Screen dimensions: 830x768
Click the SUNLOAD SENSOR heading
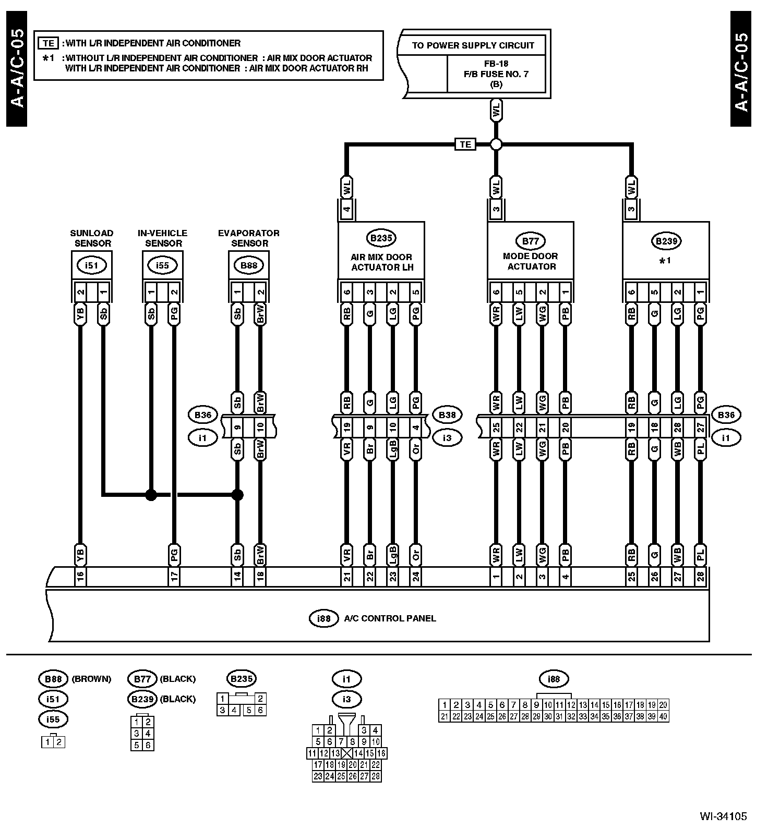coord(92,238)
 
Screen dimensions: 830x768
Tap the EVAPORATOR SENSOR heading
coord(248,238)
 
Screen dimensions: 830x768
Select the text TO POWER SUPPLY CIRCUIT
coord(473,45)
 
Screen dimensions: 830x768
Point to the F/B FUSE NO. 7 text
coord(496,74)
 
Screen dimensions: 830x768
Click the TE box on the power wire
coord(465,144)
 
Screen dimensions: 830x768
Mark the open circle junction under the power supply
coord(496,144)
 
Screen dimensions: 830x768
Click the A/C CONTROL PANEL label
coord(390,618)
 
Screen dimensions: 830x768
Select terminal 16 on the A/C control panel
coord(80,577)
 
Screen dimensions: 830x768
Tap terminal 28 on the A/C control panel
coord(700,577)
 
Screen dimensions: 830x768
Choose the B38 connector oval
coord(447,415)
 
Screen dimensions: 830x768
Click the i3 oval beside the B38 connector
coord(447,438)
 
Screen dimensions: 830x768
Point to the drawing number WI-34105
coord(723,816)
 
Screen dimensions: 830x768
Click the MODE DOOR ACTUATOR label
coord(531,261)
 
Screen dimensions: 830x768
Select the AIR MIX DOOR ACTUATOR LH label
coord(381,262)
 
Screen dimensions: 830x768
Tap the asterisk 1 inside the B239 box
coord(665,261)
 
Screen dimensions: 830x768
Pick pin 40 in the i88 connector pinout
coord(663,716)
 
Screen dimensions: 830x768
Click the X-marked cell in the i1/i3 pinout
coord(346,753)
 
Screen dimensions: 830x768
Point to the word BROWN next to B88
coord(91,679)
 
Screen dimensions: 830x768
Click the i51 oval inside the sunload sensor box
coord(91,265)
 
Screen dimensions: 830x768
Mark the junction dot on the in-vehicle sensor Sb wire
coord(151,495)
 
